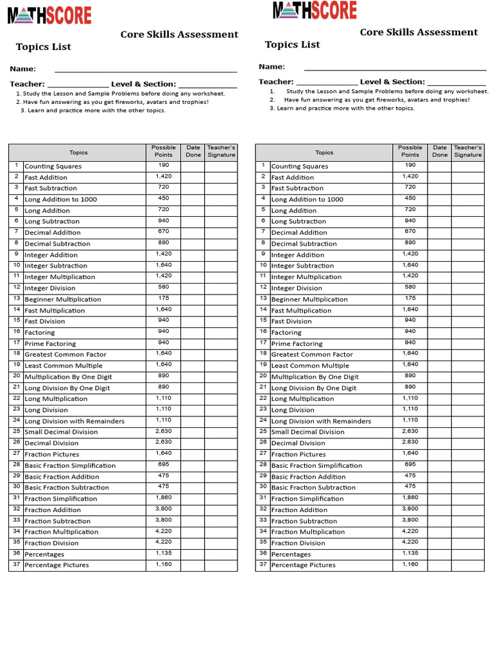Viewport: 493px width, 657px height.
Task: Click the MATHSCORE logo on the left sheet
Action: tap(49, 15)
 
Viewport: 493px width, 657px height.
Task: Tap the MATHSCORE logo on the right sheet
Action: tap(315, 11)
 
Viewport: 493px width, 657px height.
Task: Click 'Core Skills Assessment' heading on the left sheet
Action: tap(179, 35)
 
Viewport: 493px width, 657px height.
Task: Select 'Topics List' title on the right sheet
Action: tap(292, 44)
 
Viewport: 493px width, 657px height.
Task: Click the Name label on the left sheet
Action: tap(22, 69)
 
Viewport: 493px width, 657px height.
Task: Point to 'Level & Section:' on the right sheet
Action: tap(392, 81)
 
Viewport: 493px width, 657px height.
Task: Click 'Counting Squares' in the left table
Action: tap(53, 166)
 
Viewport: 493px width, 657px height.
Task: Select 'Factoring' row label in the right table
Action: tap(286, 332)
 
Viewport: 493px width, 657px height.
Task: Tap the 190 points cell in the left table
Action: tap(163, 166)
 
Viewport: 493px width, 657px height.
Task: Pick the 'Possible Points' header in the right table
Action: tap(410, 151)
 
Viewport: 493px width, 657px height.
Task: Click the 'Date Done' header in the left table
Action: tap(193, 151)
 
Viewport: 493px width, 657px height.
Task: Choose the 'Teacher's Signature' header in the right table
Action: tap(468, 151)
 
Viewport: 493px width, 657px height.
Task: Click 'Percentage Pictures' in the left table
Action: tap(56, 565)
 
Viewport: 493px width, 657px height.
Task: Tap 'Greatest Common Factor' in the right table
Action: tap(312, 354)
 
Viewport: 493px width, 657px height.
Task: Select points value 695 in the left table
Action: tap(163, 465)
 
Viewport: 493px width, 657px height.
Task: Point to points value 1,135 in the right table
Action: tap(410, 553)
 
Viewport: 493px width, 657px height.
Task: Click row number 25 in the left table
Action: tap(16, 431)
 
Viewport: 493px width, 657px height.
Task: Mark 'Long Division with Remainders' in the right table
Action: tap(321, 421)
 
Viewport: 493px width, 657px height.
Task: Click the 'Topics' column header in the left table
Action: tap(78, 153)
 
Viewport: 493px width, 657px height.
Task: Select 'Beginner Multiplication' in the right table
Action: tap(309, 299)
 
